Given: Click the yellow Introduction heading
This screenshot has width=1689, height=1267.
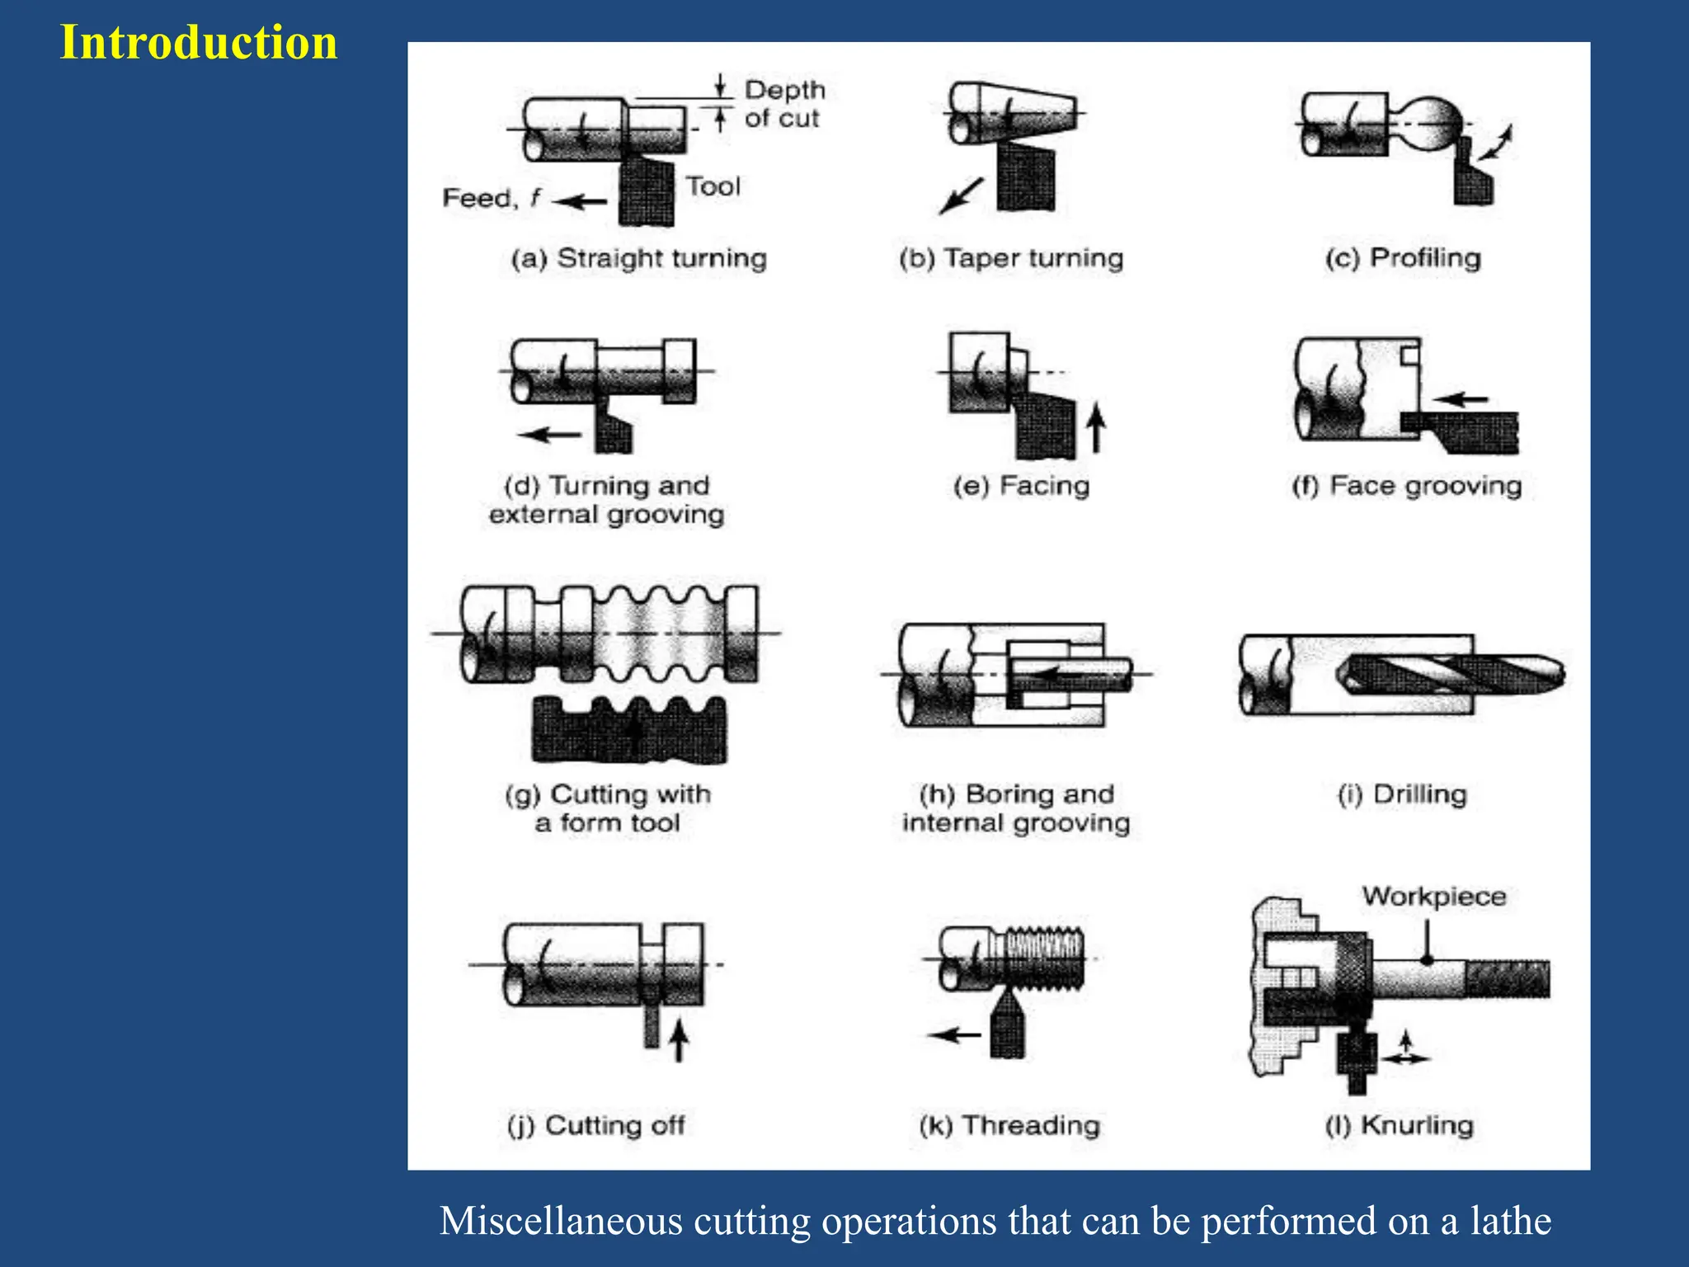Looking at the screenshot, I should pyautogui.click(x=199, y=42).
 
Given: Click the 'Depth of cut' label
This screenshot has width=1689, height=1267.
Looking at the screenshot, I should pyautogui.click(x=783, y=104).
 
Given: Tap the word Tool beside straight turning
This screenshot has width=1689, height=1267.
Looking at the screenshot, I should pyautogui.click(x=713, y=186).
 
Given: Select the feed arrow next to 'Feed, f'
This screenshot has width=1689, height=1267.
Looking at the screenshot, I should pyautogui.click(x=580, y=200).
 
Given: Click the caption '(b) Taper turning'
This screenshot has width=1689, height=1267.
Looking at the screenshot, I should pyautogui.click(x=1011, y=258).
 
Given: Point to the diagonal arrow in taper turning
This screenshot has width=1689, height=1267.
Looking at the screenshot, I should pyautogui.click(x=961, y=196).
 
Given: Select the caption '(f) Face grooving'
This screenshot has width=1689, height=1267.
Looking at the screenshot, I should pyautogui.click(x=1406, y=486).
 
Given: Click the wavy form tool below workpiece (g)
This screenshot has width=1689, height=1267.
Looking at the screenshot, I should pyautogui.click(x=629, y=730).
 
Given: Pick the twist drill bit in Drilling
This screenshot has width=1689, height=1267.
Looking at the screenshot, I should pyautogui.click(x=1451, y=675).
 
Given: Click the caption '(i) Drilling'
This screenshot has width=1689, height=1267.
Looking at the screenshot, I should pyautogui.click(x=1402, y=794).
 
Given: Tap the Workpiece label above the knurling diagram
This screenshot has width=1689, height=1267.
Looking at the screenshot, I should pyautogui.click(x=1433, y=896).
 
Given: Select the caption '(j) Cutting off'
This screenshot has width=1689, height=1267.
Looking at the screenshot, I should pyautogui.click(x=595, y=1125).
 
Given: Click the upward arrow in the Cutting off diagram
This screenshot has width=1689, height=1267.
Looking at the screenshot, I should pyautogui.click(x=678, y=1039).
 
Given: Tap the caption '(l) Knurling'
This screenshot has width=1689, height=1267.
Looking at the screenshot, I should pyautogui.click(x=1399, y=1125).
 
